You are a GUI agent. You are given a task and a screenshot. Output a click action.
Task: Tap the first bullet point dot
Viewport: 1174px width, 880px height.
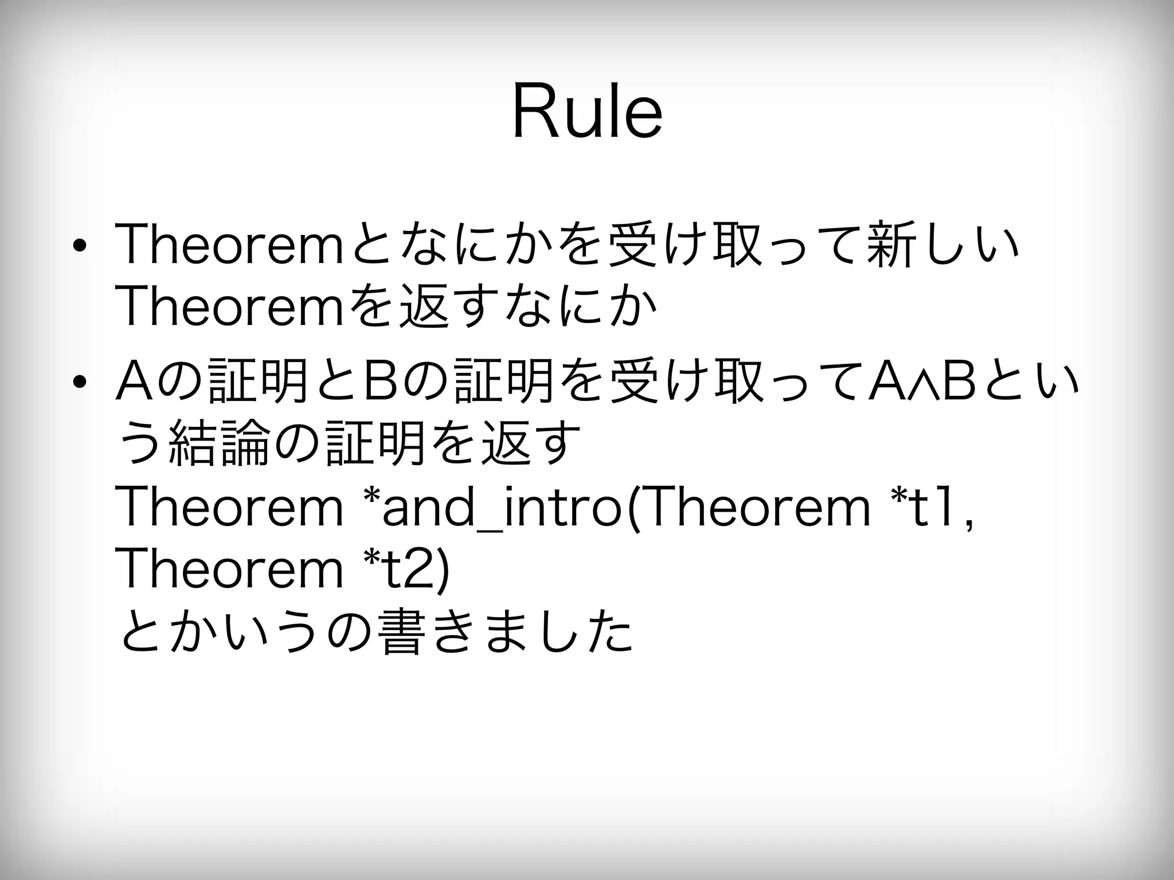(80, 247)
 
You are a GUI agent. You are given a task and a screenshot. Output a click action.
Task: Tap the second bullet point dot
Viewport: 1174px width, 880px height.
(80, 381)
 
